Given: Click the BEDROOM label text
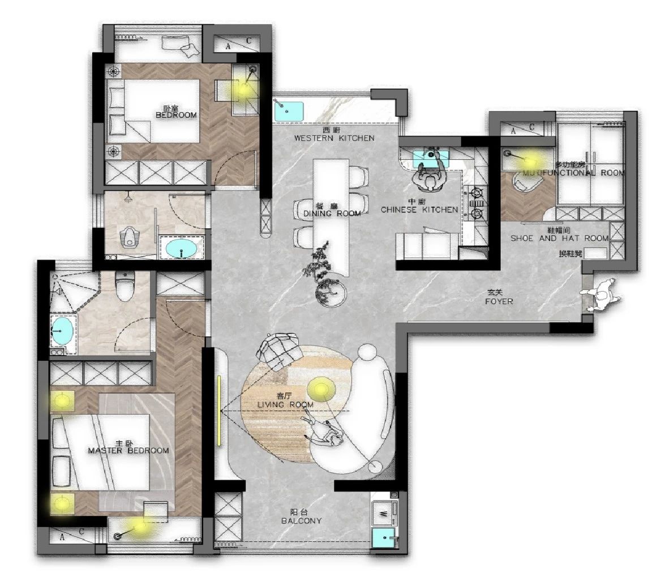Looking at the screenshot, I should pyautogui.click(x=176, y=115).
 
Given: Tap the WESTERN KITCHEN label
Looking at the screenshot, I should pyautogui.click(x=334, y=138).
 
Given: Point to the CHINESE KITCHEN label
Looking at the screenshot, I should pyautogui.click(x=419, y=210).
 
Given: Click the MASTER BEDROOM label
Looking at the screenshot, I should pyautogui.click(x=128, y=451).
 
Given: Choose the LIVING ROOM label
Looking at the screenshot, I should pyautogui.click(x=285, y=405).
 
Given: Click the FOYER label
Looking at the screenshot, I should pyautogui.click(x=499, y=302).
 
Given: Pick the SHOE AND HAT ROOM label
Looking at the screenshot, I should pyautogui.click(x=559, y=238).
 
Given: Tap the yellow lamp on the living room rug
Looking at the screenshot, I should pyautogui.click(x=321, y=390).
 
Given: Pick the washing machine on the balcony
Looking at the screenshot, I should pyautogui.click(x=384, y=511).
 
